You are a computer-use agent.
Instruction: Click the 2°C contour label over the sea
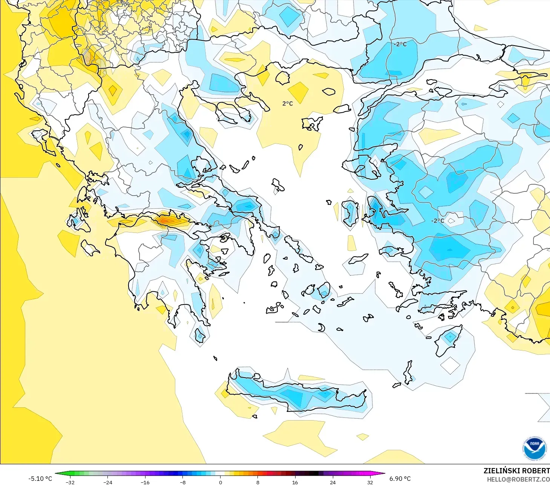287,104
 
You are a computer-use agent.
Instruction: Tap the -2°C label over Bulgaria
400,44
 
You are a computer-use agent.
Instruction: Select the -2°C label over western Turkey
437,221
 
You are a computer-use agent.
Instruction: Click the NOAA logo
534,448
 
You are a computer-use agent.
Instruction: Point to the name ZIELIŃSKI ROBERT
516,471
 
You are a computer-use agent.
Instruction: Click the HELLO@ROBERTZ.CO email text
518,479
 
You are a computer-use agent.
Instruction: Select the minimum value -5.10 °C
40,479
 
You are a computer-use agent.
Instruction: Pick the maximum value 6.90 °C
400,479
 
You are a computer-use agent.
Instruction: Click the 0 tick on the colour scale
220,482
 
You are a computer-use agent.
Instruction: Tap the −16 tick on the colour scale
145,482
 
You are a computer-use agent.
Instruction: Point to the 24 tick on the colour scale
332,482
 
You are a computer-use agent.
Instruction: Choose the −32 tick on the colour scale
70,482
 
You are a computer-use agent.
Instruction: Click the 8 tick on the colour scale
258,482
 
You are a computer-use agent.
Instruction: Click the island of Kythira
199,335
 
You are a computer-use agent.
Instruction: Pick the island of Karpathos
408,372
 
